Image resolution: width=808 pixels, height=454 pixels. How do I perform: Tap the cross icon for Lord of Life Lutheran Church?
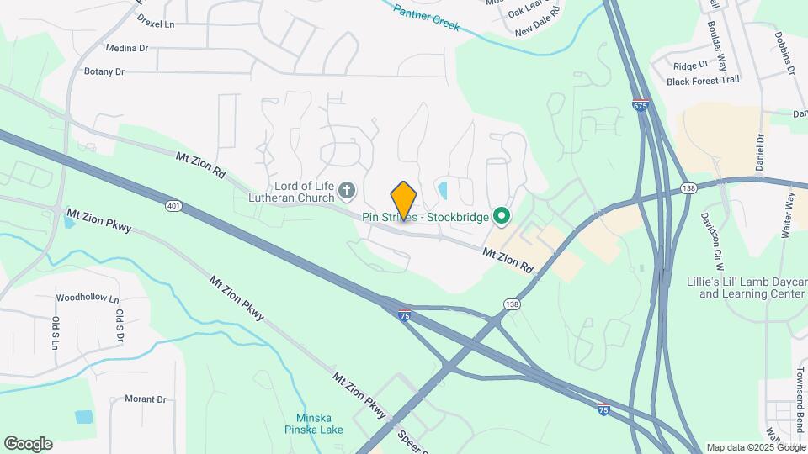click(347, 193)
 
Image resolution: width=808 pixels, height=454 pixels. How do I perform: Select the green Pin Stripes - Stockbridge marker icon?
click(502, 217)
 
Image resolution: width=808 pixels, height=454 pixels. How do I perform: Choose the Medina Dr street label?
click(127, 49)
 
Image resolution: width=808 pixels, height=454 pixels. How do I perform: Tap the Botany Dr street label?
click(104, 72)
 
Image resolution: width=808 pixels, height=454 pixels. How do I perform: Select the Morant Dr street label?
click(145, 399)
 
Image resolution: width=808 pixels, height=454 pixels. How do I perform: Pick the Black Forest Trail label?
click(691, 81)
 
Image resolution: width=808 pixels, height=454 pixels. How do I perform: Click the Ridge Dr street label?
click(691, 65)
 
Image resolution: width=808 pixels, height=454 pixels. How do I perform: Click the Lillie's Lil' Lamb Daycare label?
click(752, 288)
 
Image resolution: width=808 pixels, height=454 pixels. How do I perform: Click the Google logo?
click(28, 443)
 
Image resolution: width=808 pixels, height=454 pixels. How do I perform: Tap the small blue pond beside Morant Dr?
click(83, 417)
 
